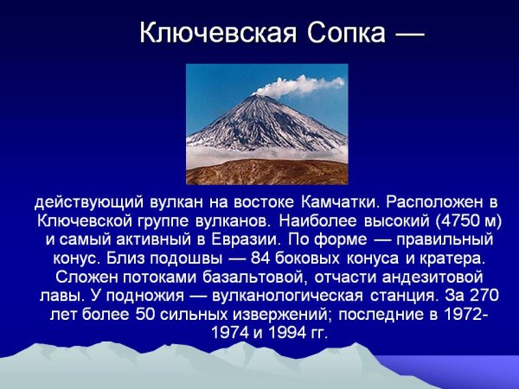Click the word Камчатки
339,203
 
